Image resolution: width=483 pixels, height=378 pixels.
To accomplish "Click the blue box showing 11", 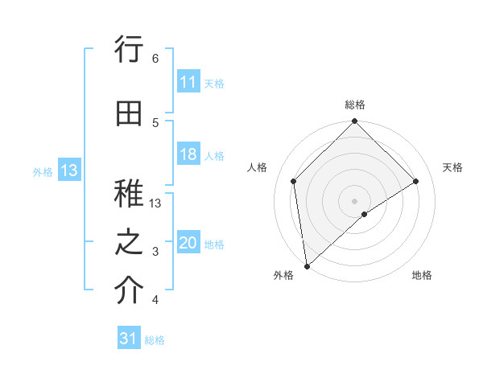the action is point(188,82).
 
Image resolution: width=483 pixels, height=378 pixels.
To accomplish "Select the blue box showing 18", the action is point(188,155).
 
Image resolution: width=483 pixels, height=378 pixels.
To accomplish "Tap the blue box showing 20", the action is point(188,244).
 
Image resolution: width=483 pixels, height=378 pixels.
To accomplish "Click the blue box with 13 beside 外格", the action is point(68,171).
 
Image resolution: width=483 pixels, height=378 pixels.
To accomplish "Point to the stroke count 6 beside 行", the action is point(155,58).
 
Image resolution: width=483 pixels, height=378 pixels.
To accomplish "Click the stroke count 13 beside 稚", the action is point(156,203).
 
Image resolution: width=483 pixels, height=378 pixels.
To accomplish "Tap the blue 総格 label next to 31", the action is point(155,340).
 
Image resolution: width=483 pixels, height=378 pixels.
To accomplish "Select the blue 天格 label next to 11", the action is point(214,83).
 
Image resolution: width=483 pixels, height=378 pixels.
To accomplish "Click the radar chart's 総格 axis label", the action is point(355,105).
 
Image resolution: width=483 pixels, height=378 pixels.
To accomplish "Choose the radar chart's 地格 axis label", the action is point(422,275).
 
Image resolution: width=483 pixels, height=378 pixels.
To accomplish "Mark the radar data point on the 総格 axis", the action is point(354,122).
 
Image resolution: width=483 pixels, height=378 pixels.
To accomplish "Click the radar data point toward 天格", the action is point(416,181).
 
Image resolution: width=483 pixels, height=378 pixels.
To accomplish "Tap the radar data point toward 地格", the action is point(365,214).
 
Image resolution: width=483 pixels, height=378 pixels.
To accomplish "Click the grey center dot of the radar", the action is point(354,200).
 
